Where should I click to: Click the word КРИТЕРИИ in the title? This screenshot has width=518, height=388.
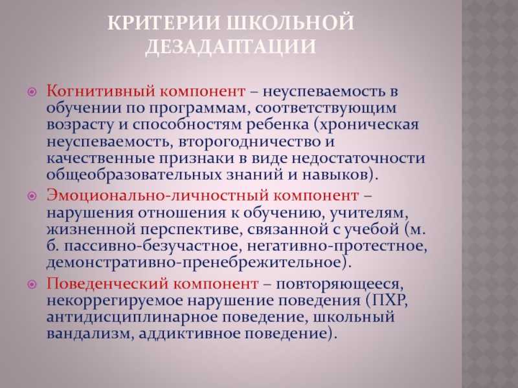click(164, 23)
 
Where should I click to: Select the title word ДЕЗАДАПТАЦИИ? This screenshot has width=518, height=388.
click(231, 47)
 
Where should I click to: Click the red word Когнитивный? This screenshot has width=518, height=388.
click(101, 91)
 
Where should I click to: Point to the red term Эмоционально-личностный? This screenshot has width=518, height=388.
click(158, 195)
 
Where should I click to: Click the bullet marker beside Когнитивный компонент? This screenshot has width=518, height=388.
click(32, 92)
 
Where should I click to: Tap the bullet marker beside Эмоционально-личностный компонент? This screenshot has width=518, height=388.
click(32, 196)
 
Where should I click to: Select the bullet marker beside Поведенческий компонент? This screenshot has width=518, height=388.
click(32, 284)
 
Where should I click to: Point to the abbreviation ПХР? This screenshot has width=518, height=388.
click(389, 300)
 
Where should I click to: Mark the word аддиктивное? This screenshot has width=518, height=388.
click(189, 334)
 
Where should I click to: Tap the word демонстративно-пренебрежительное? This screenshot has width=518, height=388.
click(197, 263)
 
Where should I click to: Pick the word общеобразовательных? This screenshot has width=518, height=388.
click(133, 175)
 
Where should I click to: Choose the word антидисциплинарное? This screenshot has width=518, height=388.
click(131, 318)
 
